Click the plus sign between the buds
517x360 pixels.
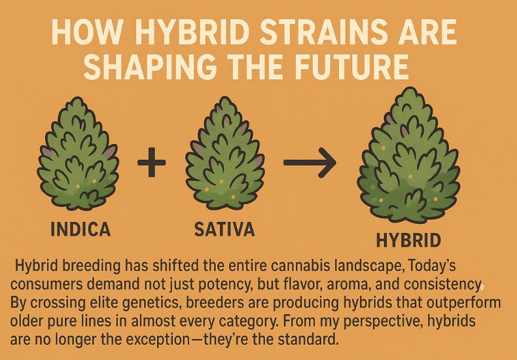tap(152, 162)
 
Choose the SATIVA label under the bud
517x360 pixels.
tap(224, 230)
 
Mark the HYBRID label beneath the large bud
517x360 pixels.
tap(409, 241)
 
